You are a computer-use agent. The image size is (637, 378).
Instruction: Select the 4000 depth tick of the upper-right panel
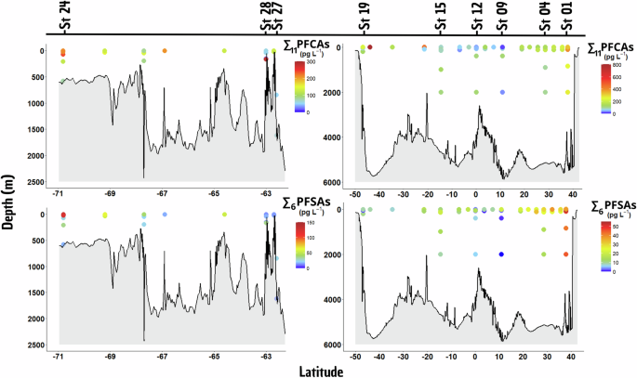(339, 137)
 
